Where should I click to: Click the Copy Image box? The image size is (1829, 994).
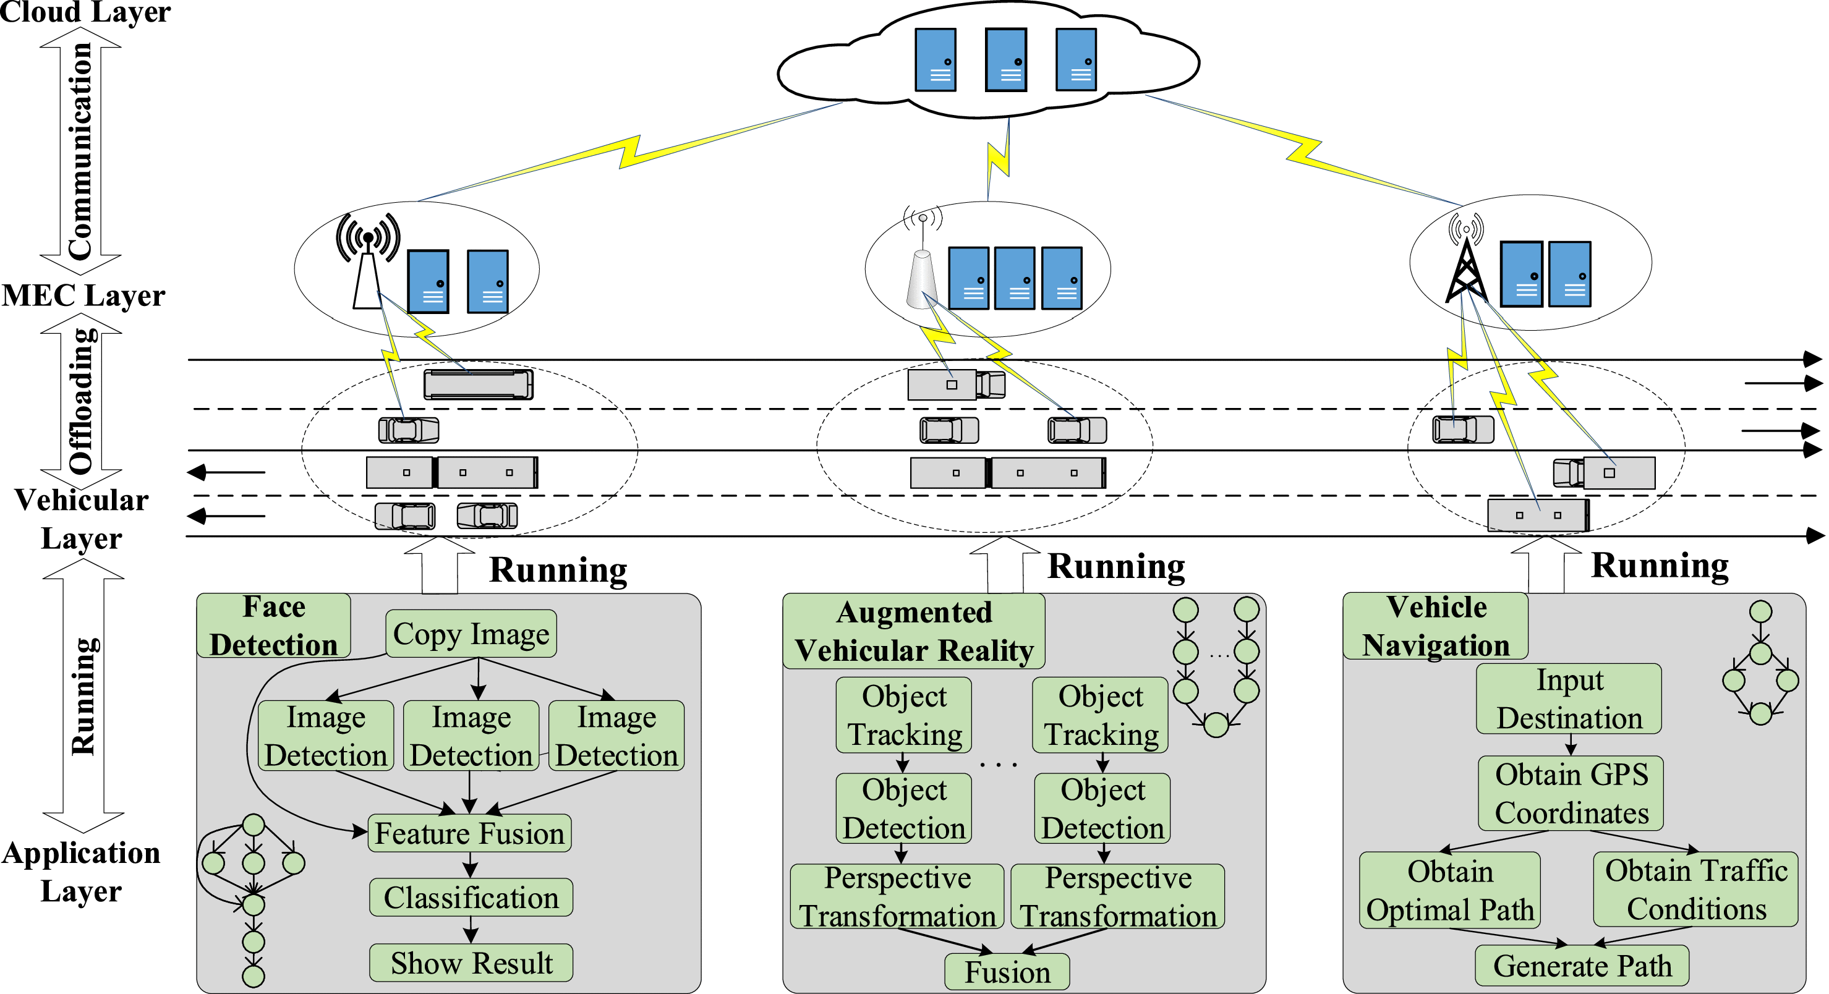coord(471,634)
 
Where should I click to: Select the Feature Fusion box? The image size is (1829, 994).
coord(469,833)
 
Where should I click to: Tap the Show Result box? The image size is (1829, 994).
coord(471,962)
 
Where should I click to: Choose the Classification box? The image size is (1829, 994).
coord(471,898)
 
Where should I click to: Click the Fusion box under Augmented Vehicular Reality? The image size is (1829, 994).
coord(1007,972)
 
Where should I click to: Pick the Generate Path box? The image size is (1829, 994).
coord(1582,966)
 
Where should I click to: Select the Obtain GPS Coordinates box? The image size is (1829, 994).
coord(1571,793)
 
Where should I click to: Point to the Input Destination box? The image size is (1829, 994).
coord(1569,699)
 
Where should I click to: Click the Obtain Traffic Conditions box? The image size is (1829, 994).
coord(1696,890)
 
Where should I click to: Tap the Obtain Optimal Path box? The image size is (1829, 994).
coord(1450,890)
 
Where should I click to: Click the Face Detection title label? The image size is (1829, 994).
coord(273,626)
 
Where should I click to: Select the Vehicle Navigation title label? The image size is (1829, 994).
coord(1436,626)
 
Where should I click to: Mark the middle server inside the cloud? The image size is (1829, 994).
coord(1006,59)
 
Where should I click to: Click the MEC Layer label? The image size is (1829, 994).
coord(83,295)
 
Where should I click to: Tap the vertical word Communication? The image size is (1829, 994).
coord(80,150)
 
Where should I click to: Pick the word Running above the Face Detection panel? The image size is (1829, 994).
coord(558,569)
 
